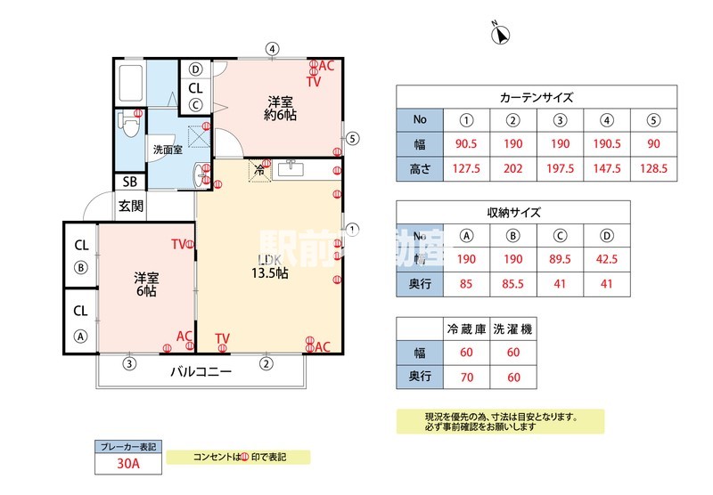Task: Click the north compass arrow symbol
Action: (x=501, y=34)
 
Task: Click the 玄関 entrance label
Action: (x=129, y=205)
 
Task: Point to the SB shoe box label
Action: (x=129, y=182)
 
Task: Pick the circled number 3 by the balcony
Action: (x=129, y=362)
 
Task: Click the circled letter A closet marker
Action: (x=80, y=336)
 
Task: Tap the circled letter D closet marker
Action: (x=195, y=69)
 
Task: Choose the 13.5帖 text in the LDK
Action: (x=269, y=273)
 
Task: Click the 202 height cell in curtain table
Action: (x=514, y=169)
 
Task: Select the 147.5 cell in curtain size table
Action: (x=607, y=169)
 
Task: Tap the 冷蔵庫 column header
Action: (x=466, y=329)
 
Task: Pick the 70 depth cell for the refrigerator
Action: (x=466, y=377)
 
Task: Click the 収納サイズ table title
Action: (x=512, y=213)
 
